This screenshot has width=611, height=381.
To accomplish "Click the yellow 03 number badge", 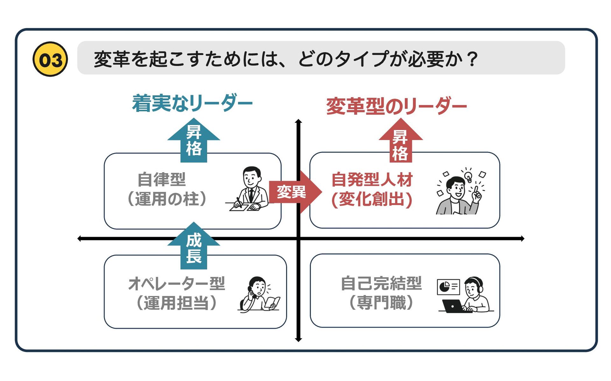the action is click(x=50, y=59).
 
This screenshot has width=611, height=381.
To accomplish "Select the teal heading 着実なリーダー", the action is click(x=192, y=103).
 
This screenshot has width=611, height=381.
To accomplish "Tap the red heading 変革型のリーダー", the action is click(x=396, y=106).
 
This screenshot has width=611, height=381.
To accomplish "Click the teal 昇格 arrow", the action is click(x=193, y=140).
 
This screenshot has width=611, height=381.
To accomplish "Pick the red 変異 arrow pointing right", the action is click(x=294, y=192).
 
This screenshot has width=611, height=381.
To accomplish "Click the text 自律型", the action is click(x=162, y=180).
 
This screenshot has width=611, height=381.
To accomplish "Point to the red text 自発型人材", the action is click(x=372, y=180).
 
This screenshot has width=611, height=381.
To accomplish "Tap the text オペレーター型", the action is click(x=177, y=283).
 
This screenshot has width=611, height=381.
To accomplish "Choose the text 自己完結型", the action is click(x=381, y=283).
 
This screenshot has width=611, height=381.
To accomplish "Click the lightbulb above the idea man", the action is click(x=468, y=176).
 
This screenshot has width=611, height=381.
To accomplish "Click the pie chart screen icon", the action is click(x=448, y=287).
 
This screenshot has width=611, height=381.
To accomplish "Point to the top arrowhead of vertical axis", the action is click(x=298, y=121).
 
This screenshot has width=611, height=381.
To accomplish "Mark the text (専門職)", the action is click(x=381, y=302).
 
